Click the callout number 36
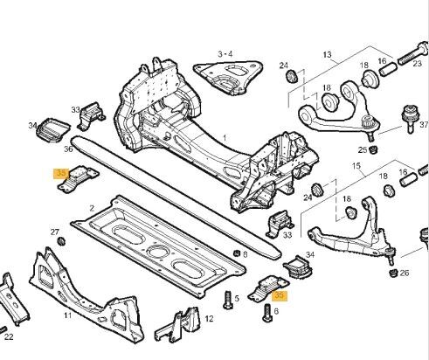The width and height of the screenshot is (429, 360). [x=68, y=149]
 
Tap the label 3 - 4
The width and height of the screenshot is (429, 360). [x=225, y=54]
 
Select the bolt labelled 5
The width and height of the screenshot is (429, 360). [x=229, y=300]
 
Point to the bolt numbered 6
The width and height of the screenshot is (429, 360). [x=267, y=313]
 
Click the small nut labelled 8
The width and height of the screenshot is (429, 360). [x=237, y=253]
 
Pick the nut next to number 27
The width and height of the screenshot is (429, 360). [x=61, y=241]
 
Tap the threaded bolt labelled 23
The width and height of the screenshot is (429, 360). [x=413, y=54]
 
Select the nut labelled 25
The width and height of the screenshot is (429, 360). [x=372, y=149]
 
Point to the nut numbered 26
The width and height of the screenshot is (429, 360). [x=393, y=273]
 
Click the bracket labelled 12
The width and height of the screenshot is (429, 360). [x=177, y=323]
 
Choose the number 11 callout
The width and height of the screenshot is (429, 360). [x=67, y=315]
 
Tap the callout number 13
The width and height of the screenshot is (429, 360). [x=327, y=54]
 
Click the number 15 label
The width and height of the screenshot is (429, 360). [x=356, y=166]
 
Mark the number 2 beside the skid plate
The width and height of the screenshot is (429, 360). [x=92, y=208]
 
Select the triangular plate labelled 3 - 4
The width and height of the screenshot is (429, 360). [x=228, y=78]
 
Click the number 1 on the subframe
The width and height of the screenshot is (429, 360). [x=225, y=137]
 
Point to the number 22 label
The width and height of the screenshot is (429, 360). [x=9, y=337]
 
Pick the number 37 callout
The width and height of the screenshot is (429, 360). [x=424, y=125]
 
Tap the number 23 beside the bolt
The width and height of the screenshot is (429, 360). [x=418, y=63]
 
